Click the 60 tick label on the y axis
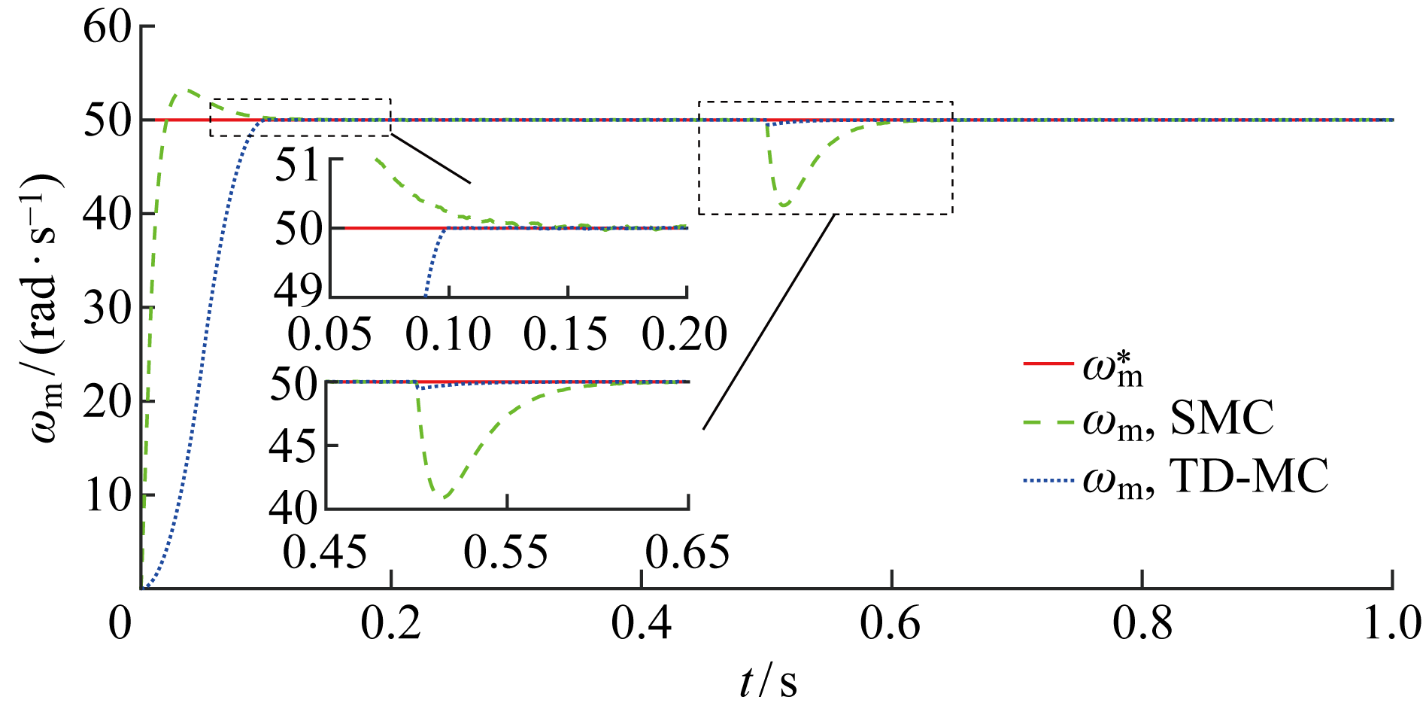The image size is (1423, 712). tap(107, 29)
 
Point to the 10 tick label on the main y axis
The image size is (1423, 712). tap(107, 496)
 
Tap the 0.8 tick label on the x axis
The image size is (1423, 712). tap(1142, 624)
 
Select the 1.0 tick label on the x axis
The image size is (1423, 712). tap(1392, 624)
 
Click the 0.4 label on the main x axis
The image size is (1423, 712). tap(641, 624)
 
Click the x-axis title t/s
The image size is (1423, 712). tap(768, 682)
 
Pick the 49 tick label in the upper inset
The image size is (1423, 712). tap(298, 291)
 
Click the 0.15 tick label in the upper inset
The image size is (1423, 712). tap(566, 334)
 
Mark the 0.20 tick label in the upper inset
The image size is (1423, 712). tap(684, 334)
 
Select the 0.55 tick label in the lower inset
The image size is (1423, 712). tap(506, 553)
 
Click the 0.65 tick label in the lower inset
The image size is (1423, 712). tap(687, 553)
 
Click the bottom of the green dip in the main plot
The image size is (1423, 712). tap(784, 205)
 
